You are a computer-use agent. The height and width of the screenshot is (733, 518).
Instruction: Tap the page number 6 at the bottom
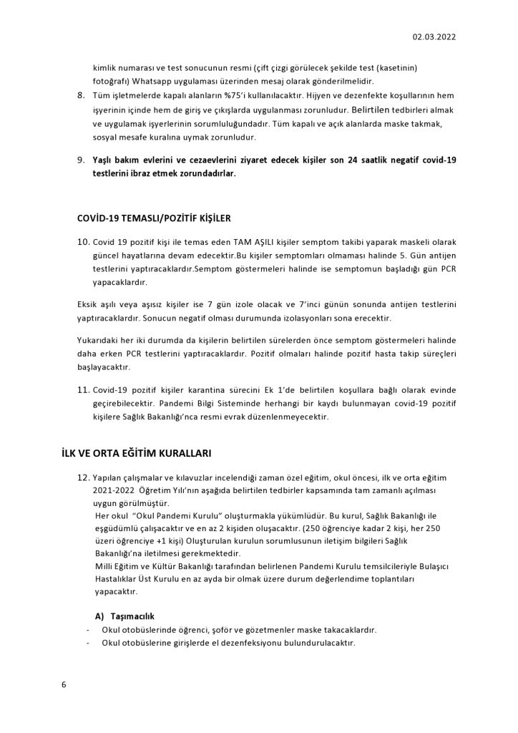click(64, 685)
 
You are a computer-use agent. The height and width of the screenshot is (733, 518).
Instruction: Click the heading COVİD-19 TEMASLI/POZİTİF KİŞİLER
click(153, 218)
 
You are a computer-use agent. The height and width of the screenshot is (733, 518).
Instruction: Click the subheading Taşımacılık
click(127, 616)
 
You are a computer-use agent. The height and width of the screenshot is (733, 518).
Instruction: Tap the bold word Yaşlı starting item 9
click(105, 160)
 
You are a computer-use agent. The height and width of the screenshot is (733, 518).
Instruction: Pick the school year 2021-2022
click(116, 491)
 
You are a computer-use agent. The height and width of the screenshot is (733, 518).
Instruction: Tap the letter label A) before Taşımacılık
click(100, 616)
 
